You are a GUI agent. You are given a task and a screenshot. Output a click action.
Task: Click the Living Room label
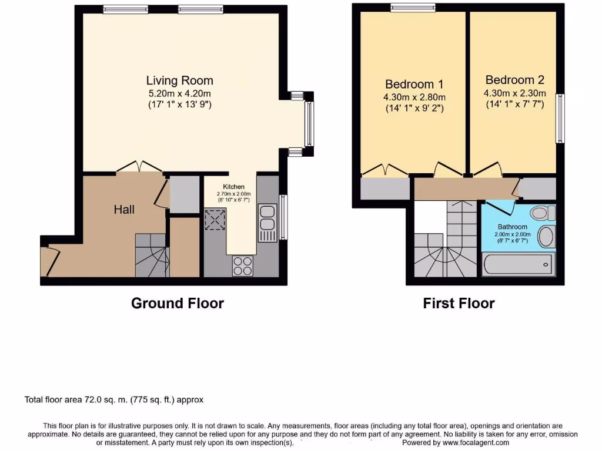click(x=179, y=80)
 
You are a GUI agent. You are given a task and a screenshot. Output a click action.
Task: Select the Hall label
click(x=124, y=210)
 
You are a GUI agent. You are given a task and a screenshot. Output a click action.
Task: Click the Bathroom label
click(x=513, y=227)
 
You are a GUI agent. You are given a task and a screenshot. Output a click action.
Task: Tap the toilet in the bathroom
click(x=540, y=212)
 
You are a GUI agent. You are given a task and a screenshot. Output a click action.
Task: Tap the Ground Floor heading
click(x=177, y=304)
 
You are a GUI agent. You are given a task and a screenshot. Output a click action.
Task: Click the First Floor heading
click(x=459, y=304)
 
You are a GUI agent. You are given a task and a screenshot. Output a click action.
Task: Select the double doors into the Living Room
click(x=139, y=168)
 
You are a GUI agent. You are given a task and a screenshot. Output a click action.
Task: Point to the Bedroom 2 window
click(x=560, y=117)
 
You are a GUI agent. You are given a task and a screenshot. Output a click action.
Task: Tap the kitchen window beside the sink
click(x=283, y=217)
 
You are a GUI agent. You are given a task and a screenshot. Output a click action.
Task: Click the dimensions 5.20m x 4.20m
click(x=179, y=93)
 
